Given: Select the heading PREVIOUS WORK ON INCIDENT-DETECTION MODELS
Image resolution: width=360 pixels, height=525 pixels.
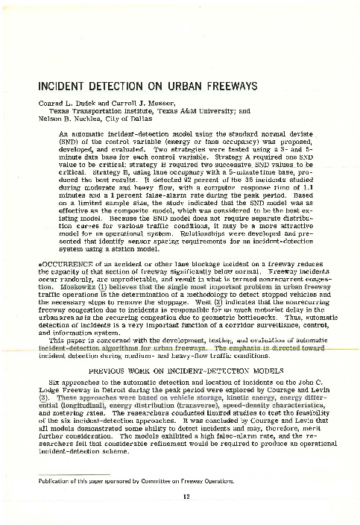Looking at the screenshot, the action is click(179, 371).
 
